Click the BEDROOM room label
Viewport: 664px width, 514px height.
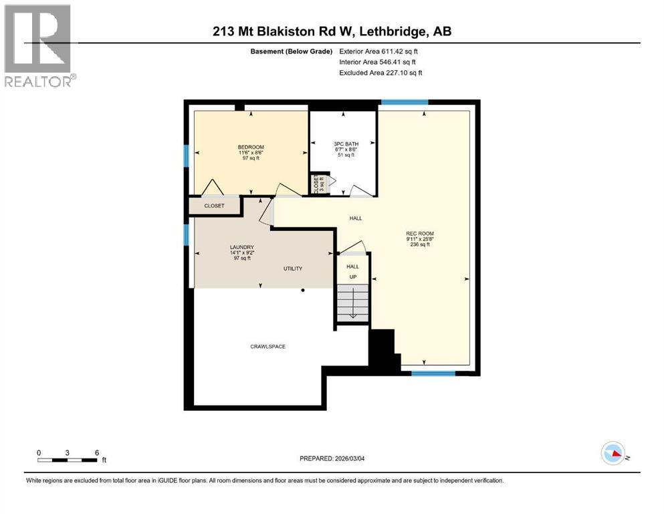251,147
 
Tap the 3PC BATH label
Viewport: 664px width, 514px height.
344,143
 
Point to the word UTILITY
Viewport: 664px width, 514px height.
292,268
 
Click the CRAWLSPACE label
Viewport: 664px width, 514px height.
269,347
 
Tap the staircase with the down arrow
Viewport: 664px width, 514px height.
352,303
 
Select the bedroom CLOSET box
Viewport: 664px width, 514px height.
215,206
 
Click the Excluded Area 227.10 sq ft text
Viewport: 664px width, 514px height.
380,72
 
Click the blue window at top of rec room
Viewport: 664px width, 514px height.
404,102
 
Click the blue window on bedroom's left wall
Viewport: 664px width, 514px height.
187,155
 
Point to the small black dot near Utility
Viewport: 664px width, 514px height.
303,290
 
